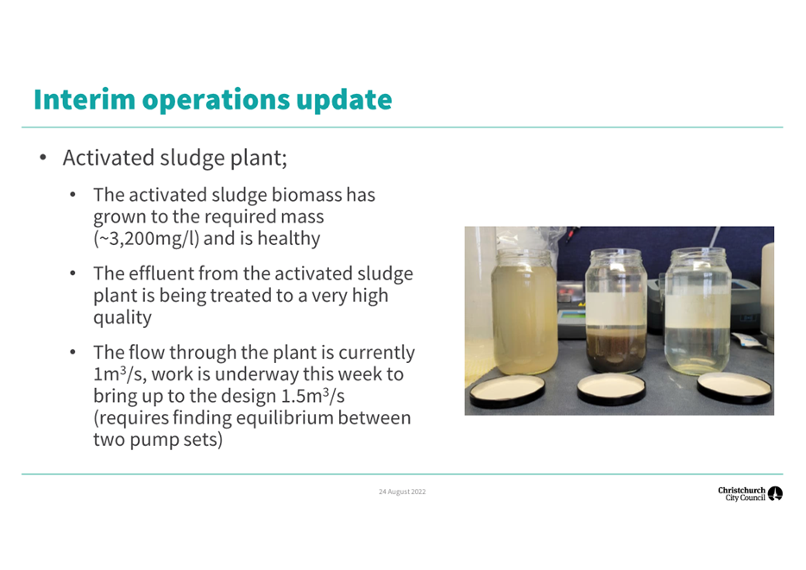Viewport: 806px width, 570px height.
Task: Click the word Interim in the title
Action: (x=85, y=99)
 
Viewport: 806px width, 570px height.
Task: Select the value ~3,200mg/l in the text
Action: (x=146, y=239)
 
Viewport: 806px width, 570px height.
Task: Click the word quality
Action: (x=123, y=318)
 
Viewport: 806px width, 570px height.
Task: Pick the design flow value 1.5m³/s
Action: (x=312, y=396)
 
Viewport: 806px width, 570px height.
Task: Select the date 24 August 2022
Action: (x=402, y=492)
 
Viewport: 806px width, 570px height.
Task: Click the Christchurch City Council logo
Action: (x=750, y=493)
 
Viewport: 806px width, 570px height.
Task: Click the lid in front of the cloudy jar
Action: (x=508, y=391)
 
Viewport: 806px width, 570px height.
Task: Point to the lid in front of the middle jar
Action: (x=611, y=389)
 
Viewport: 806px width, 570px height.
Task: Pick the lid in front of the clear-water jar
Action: (x=734, y=388)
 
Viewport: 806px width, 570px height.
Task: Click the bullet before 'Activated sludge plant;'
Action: (x=43, y=158)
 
